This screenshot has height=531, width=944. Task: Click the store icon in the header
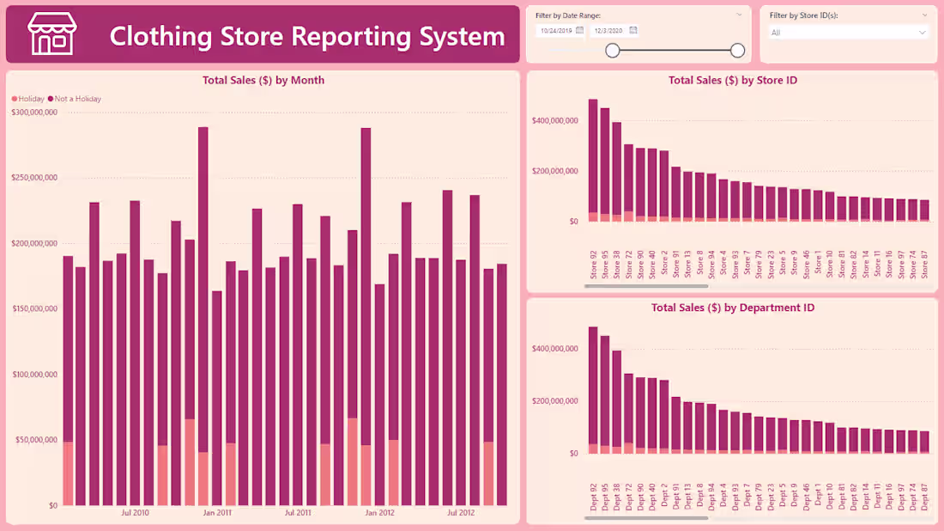tap(52, 34)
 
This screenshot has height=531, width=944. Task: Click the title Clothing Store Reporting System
tap(307, 36)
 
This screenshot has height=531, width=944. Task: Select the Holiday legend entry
tap(28, 99)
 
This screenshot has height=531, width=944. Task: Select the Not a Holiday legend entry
tap(76, 99)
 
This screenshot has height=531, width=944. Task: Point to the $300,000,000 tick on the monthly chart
tap(34, 112)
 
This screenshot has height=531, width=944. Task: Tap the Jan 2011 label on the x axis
tap(216, 513)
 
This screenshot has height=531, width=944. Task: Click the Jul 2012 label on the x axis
tap(461, 513)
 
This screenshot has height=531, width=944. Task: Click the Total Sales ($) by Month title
tap(263, 80)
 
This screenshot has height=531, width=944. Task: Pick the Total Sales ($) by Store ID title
tap(733, 80)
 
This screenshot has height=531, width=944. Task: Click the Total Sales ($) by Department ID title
tap(733, 307)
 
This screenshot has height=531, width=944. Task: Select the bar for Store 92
tap(593, 160)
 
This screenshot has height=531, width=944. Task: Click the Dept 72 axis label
tap(629, 497)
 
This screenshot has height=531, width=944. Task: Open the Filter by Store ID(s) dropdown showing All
tap(848, 33)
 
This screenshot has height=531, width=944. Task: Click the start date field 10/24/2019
tap(556, 30)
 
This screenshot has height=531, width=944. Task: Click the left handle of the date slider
tap(613, 51)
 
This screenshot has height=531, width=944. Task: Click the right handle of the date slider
tap(737, 51)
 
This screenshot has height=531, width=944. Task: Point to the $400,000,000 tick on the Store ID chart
tap(554, 120)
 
